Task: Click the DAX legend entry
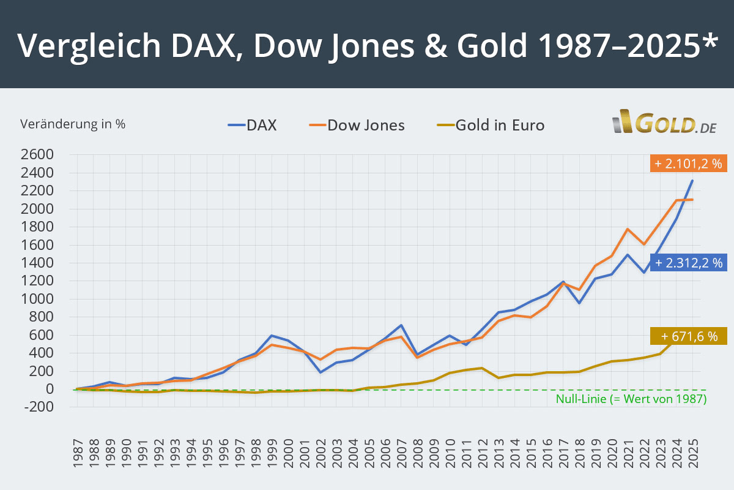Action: [253, 126]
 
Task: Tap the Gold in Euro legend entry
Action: [491, 126]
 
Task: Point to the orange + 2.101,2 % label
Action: [688, 164]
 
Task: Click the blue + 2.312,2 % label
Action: [688, 263]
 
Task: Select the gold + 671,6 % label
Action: [688, 336]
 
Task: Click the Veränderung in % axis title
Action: [73, 124]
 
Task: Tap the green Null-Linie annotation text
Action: [631, 399]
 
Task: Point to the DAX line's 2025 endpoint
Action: [692, 181]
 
